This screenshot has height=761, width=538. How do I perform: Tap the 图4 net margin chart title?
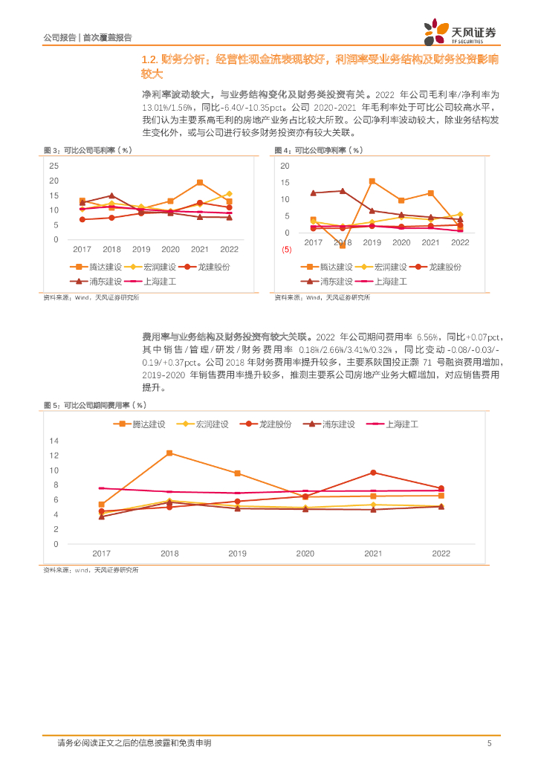[319, 150]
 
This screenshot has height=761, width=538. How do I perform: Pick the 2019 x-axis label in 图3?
[141, 250]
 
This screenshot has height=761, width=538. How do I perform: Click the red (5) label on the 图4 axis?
[286, 250]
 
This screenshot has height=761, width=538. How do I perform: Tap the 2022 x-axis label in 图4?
[460, 243]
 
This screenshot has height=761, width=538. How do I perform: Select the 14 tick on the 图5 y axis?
[54, 441]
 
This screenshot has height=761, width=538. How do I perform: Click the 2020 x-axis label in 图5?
[305, 554]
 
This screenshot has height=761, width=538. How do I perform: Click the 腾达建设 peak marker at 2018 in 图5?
[169, 453]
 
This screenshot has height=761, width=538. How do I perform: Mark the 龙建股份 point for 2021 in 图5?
[373, 473]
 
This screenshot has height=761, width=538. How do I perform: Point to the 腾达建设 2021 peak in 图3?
[200, 182]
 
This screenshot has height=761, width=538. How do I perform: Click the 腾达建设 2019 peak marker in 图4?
[372, 181]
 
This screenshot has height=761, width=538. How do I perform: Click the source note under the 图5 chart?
[91, 569]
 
